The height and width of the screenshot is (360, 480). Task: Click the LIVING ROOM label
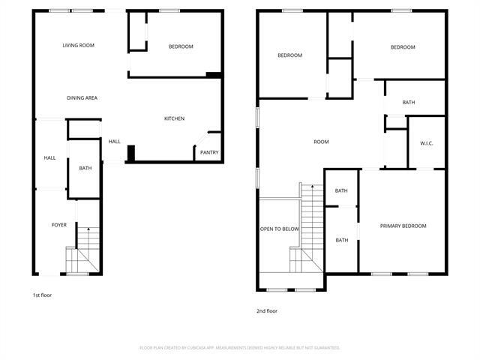click(78, 46)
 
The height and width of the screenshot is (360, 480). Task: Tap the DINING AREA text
click(82, 97)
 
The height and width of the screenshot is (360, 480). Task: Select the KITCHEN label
click(174, 118)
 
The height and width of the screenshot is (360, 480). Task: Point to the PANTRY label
click(208, 152)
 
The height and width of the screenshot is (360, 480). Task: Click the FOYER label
click(58, 225)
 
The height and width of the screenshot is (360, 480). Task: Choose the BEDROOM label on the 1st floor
click(180, 46)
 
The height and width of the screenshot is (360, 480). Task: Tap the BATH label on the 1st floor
click(85, 168)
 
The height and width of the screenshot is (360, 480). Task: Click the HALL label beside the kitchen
click(114, 142)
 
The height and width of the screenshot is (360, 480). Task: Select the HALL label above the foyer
click(49, 158)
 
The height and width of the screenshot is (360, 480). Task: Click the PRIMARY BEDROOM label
click(403, 226)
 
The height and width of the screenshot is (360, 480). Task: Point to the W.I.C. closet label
click(427, 142)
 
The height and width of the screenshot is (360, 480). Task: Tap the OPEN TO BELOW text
click(280, 229)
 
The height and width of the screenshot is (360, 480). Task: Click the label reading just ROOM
click(321, 142)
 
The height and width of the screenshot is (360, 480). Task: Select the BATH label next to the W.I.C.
click(409, 103)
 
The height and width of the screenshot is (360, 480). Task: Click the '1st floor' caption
click(42, 295)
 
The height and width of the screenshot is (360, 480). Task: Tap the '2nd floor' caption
click(267, 310)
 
